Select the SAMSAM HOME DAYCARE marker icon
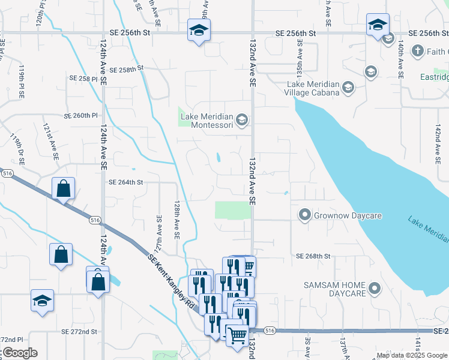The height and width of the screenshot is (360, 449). pyautogui.click(x=375, y=289)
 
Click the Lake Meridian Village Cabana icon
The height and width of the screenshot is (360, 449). pyautogui.click(x=348, y=89)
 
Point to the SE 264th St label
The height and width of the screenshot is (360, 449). pyautogui.click(x=125, y=182)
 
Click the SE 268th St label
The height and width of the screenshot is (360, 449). pyautogui.click(x=313, y=256)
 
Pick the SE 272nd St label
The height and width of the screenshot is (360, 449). pyautogui.click(x=79, y=331)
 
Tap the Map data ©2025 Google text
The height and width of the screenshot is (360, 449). pyautogui.click(x=412, y=355)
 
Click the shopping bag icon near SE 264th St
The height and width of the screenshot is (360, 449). pyautogui.click(x=63, y=189)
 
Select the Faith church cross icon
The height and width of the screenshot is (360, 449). pyautogui.click(x=418, y=50)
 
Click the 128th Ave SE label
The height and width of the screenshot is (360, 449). pyautogui.click(x=178, y=220)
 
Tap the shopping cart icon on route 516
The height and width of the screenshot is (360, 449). pyautogui.click(x=237, y=336)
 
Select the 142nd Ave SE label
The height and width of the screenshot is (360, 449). pyautogui.click(x=438, y=144)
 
